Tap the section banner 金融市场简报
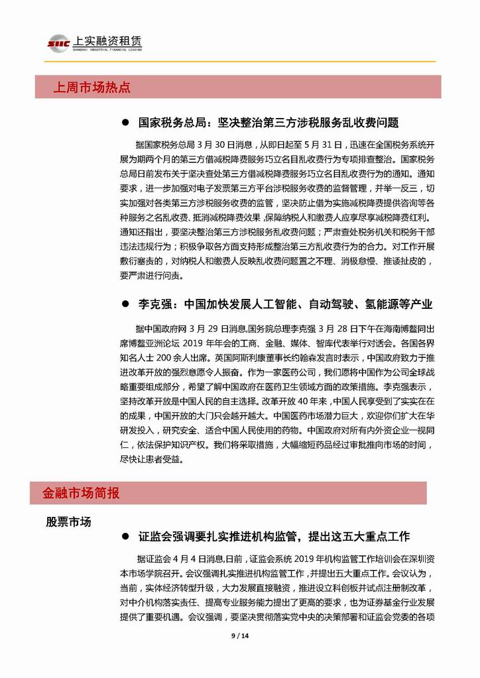(x=81, y=494)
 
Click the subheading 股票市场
(x=68, y=522)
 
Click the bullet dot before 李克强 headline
(x=125, y=305)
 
